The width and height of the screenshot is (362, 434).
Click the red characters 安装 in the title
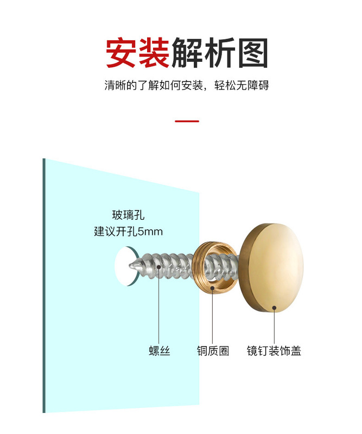tap(137, 53)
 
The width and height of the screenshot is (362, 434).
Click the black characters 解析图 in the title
tap(220, 53)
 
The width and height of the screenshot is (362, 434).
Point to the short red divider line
tap(187, 121)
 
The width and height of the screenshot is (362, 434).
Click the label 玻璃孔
tap(128, 215)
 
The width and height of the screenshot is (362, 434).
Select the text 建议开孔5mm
tap(128, 232)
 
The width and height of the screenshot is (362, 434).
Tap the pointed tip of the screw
tap(131, 265)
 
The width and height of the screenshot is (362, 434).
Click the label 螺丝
tap(159, 351)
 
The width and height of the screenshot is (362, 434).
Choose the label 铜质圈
tap(213, 351)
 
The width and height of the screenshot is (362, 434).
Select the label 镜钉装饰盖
tap(274, 351)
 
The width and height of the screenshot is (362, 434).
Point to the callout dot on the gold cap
tap(274, 307)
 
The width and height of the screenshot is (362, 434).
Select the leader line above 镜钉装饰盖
tap(274, 325)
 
